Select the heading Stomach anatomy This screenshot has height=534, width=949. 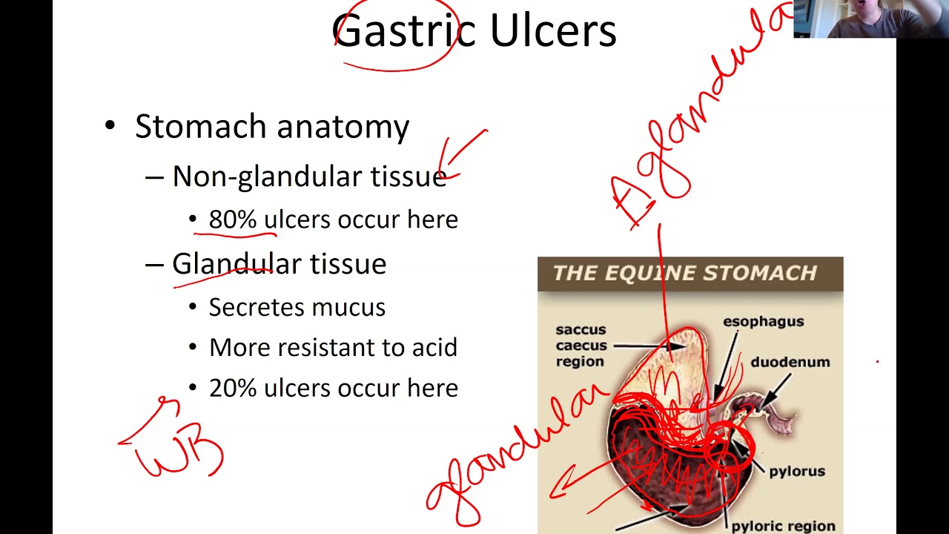point(271,127)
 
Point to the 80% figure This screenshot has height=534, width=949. point(232,220)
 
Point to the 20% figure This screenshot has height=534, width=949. point(232,388)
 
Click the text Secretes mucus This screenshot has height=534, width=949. point(297,307)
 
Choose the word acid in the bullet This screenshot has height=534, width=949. point(435,347)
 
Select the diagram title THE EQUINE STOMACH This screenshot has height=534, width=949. point(684,273)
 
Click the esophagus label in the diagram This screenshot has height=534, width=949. point(763,321)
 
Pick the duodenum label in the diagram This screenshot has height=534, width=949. point(790,362)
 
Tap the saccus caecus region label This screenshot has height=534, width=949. point(581,346)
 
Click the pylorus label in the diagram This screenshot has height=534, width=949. point(796,471)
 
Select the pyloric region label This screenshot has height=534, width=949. point(783,526)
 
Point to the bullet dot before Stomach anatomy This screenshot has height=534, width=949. point(110,127)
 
